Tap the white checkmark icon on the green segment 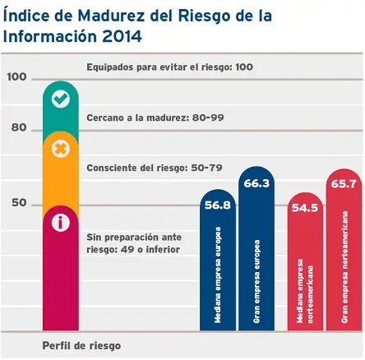(60, 99)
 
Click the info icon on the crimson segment (60, 221)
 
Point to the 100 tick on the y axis (16, 77)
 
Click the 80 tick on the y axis (18, 128)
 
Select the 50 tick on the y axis (18, 202)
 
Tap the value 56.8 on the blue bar (217, 206)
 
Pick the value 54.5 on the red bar (304, 209)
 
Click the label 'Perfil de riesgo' (75, 344)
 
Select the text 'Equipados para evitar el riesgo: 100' (169, 66)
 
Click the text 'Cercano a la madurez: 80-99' (155, 118)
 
